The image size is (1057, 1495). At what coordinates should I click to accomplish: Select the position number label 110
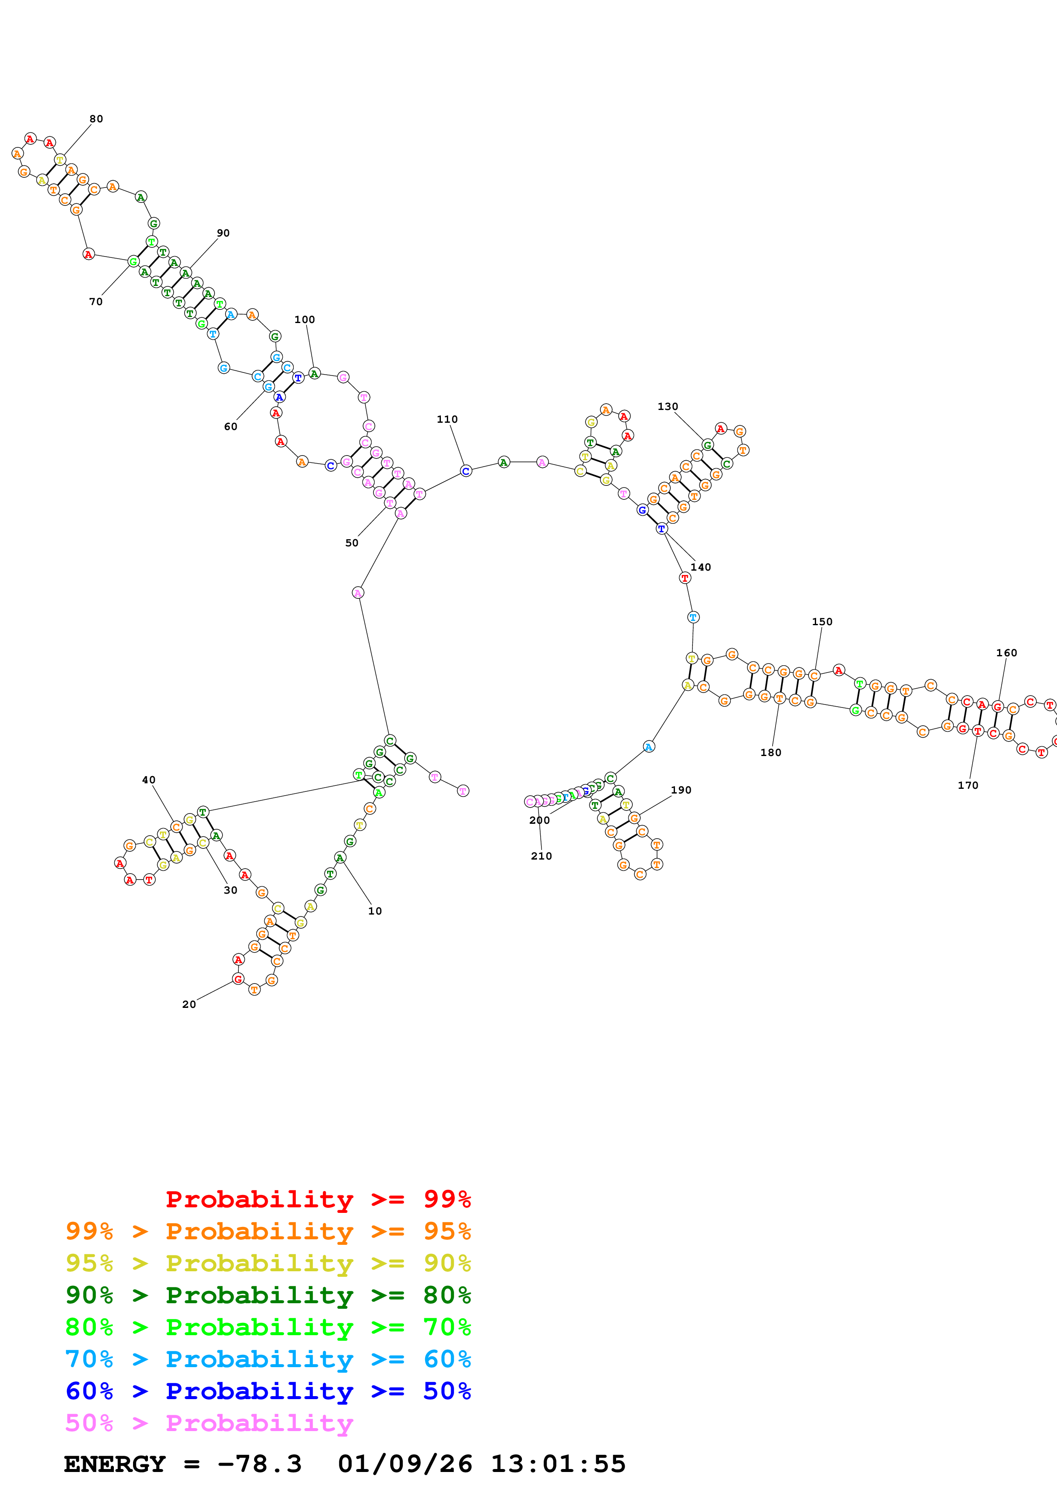447,419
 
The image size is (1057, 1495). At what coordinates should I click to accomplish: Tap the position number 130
668,406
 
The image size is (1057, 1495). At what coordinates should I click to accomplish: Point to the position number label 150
822,622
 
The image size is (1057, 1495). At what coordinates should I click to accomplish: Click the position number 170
968,785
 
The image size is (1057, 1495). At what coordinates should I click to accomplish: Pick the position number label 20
189,1004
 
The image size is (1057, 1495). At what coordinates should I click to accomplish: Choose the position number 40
148,779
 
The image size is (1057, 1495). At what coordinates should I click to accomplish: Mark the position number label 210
541,856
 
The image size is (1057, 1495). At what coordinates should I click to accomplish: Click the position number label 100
304,320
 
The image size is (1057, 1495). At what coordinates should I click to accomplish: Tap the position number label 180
770,753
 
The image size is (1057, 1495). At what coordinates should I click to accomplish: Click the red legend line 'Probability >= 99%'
318,1199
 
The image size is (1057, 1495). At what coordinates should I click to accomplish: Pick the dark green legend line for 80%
268,1295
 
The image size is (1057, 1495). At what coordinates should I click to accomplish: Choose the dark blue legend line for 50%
268,1391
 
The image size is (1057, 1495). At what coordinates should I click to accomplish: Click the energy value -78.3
259,1464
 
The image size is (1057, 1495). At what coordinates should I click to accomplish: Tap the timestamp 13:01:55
557,1464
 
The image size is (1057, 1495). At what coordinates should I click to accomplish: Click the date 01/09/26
405,1464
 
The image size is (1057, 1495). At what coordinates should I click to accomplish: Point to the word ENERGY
115,1464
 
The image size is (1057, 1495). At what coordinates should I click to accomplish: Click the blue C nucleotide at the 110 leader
466,471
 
